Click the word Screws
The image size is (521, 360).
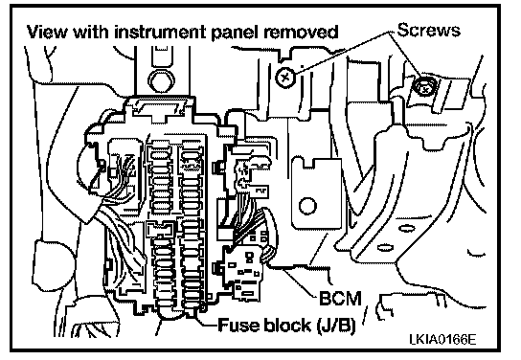coord(429,30)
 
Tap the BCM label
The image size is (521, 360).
coord(340,298)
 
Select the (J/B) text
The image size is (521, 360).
coord(335,326)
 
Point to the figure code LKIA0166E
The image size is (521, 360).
coord(442,339)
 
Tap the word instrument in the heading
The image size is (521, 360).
coord(161,33)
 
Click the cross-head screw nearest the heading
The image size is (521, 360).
coord(284,78)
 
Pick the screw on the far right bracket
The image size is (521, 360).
coord(424,87)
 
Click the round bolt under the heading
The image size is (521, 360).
coord(161,80)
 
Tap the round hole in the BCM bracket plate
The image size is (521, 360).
coord(307,206)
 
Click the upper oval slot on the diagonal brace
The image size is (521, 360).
coord(406,229)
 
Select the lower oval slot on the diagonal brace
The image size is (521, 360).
coord(385,247)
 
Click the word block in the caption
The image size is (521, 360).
coord(287,325)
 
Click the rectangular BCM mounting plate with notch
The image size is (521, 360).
coord(316,193)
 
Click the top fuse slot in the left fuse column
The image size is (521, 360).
coord(161,155)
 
